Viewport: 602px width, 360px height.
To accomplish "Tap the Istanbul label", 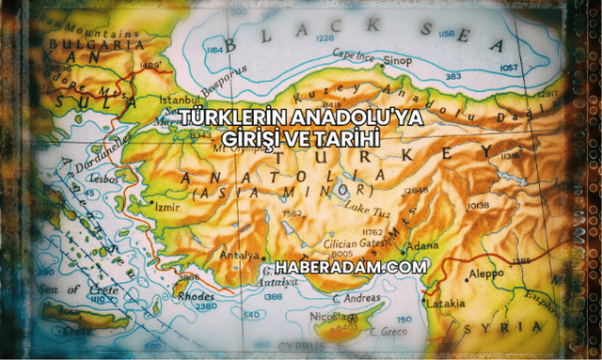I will pos(180,98).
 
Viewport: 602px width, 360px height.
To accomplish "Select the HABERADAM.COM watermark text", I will pos(343,267).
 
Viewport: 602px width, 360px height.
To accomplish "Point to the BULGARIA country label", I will pos(88,44).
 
